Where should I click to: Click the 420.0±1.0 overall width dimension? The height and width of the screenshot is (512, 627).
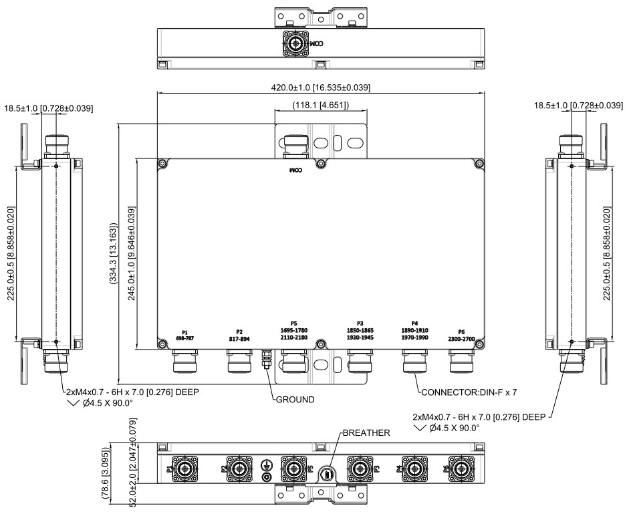tap(320, 88)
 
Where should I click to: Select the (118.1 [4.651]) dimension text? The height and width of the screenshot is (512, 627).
tap(320, 105)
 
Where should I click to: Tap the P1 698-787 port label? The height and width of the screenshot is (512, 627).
tap(184, 336)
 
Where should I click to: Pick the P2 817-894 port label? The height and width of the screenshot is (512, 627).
tap(239, 336)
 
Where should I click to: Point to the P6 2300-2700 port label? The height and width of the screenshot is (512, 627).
tap(461, 336)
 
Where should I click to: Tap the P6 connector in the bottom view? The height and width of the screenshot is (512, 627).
tap(461, 469)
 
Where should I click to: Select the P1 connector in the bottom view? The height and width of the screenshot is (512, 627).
tap(183, 469)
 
